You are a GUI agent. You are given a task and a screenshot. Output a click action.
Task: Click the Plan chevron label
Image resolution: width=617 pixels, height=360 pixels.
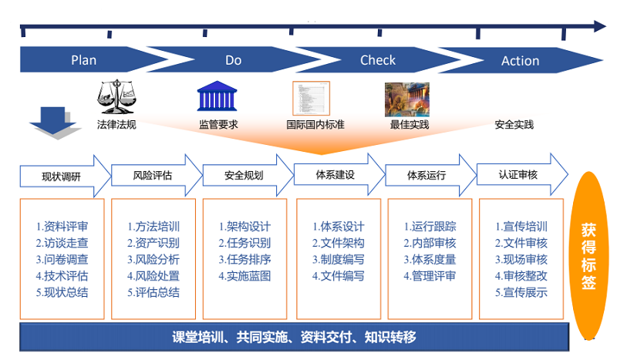coord(84,60)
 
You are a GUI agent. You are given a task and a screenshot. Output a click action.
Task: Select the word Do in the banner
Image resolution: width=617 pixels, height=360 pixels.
coord(233,60)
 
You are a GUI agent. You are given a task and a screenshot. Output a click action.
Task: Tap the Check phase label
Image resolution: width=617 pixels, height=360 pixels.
coord(378,60)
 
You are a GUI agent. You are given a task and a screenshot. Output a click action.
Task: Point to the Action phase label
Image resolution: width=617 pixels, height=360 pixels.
coord(521,61)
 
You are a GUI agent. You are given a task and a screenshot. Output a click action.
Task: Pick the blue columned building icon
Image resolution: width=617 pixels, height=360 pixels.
coord(218,97)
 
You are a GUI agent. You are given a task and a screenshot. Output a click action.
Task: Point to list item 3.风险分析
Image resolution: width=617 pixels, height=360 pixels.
coord(153,260)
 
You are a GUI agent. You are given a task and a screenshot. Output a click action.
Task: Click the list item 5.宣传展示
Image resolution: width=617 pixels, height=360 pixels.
coord(521,292)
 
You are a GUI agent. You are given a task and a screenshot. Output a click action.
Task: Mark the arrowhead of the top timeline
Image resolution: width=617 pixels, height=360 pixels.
coord(600,26)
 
